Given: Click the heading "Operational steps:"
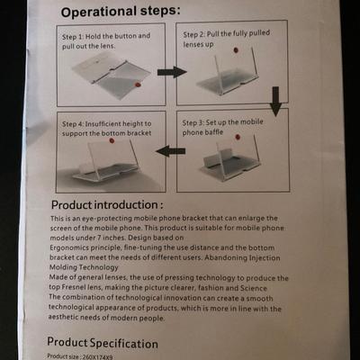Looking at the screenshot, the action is coord(121,12).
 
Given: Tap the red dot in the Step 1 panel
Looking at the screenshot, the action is coord(138,85).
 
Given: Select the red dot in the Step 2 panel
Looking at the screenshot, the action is coord(236,50).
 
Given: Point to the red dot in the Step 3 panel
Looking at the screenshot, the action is coord(238,137).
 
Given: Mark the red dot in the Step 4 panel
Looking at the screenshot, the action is coord(112,140).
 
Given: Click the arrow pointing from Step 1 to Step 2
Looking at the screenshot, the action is coord(172,72).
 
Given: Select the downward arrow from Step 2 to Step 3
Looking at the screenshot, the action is coord(275,102).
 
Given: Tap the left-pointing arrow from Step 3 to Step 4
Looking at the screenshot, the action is coord(170,150).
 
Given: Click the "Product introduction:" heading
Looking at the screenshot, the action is coord(107,205).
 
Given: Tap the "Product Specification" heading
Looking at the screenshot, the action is coord(103,343).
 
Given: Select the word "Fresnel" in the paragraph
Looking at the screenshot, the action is coord(74,287).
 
